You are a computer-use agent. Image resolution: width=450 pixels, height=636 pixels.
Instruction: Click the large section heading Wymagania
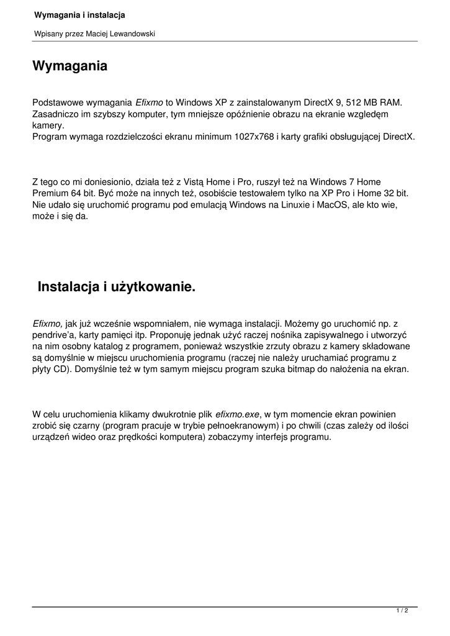point(70,66)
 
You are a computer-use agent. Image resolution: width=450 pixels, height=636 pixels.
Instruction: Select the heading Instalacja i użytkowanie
point(117,286)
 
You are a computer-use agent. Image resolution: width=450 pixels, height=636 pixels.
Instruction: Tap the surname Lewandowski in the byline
point(132,34)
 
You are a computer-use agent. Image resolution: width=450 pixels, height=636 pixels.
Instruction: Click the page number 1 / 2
point(402,611)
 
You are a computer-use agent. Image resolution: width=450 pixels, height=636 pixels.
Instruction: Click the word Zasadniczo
point(55,114)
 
